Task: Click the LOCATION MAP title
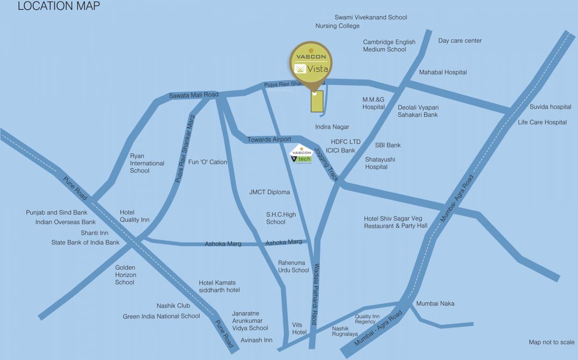coord(59,6)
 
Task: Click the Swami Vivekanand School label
coord(371,17)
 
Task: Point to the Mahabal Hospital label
coord(443,72)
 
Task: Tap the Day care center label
coord(459,41)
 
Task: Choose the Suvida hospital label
coord(550,107)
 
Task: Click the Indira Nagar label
coord(332,127)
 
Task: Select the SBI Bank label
coord(387,145)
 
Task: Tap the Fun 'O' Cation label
coord(207,162)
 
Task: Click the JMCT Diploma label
coord(269,192)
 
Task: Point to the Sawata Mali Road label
coord(193,95)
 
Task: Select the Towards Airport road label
coord(269,140)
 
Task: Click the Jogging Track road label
coord(326,164)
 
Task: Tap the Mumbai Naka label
coord(435,304)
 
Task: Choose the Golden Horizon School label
coord(126,275)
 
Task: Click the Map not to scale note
coord(551,342)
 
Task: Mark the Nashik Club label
coord(173,306)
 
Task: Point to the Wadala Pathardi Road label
coord(316,294)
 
